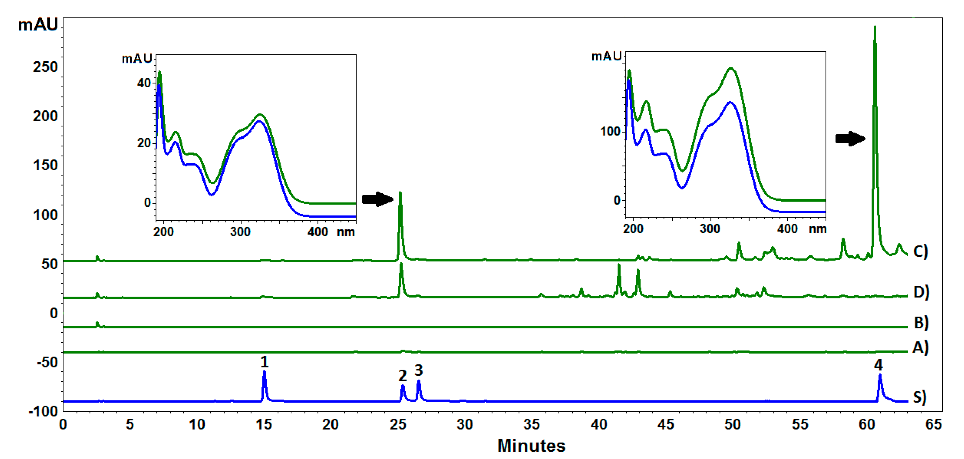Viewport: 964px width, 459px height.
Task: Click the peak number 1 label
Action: tap(264, 362)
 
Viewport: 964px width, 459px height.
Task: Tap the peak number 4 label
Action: tap(878, 365)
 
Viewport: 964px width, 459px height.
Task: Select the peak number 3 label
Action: tap(418, 370)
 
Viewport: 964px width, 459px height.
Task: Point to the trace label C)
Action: tap(920, 251)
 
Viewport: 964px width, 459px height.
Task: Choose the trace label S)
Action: tap(920, 397)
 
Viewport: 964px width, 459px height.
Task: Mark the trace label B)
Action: tap(921, 322)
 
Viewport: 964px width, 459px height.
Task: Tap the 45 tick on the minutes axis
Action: tap(666, 424)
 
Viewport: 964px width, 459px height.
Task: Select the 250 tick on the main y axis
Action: tap(45, 67)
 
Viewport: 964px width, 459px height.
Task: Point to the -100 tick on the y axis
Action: tap(43, 411)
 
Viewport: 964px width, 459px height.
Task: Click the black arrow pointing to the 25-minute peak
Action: tap(377, 199)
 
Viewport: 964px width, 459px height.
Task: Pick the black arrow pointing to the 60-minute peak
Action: tap(850, 138)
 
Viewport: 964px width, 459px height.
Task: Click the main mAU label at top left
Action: tap(38, 25)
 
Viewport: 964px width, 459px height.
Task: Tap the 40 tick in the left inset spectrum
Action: tap(144, 83)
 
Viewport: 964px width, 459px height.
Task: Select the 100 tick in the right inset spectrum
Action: tap(610, 132)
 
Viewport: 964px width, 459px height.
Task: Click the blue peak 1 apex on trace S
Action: tap(264, 371)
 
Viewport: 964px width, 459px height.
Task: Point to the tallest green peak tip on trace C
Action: tap(875, 27)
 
